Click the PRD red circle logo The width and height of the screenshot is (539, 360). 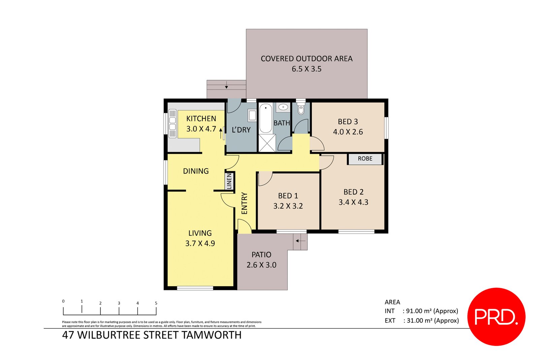coord(496,317)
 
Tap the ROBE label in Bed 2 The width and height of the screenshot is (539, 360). coord(365,159)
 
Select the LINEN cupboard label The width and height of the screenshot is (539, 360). coord(229,181)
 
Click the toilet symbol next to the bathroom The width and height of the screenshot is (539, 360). coord(301,109)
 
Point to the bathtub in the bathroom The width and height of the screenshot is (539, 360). coord(265,118)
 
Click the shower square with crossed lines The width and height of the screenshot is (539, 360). coord(267,143)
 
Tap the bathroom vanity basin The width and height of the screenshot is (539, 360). coord(283,108)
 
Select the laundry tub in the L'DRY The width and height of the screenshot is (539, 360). coord(252,115)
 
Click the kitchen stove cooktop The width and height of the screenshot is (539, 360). coord(172,123)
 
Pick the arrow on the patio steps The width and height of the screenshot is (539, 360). coord(300,241)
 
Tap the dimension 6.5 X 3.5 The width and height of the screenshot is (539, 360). coord(306,69)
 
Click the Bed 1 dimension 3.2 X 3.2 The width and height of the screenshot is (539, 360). coord(288,206)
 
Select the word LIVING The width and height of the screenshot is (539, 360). coord(200,233)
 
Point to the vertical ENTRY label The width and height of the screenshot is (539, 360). coord(245,203)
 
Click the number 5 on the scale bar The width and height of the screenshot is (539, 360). coord(156,303)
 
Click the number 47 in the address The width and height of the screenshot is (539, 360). coord(68,335)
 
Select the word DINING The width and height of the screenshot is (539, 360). coord(196,171)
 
